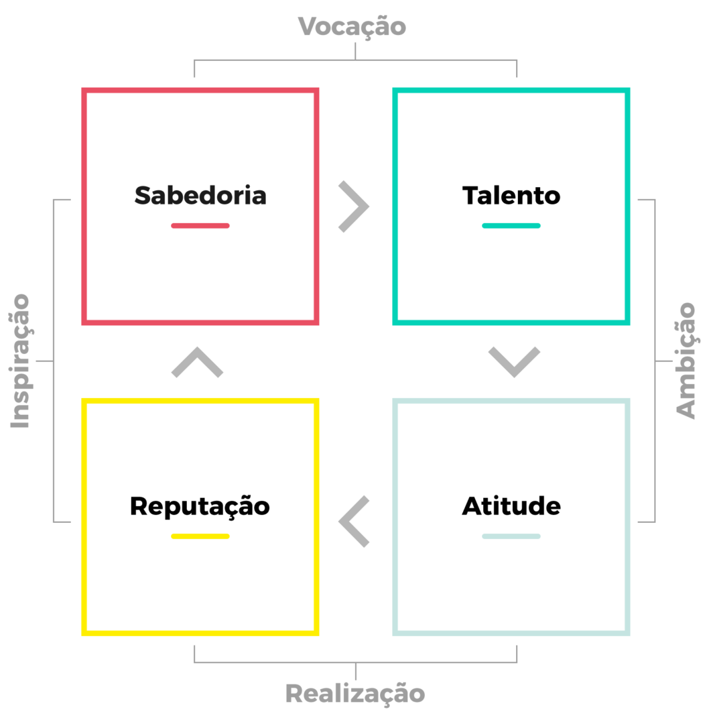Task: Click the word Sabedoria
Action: (x=200, y=195)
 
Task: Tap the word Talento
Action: (x=511, y=195)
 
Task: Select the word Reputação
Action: (x=200, y=507)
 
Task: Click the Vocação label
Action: (x=352, y=26)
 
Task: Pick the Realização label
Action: (x=355, y=694)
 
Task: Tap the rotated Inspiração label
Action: (x=20, y=361)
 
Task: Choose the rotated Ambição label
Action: (x=686, y=361)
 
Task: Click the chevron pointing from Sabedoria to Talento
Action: (x=354, y=206)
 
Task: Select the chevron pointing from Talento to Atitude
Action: (x=514, y=362)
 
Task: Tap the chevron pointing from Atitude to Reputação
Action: (x=354, y=522)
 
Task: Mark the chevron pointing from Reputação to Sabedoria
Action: (x=197, y=362)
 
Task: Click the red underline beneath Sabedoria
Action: (x=200, y=226)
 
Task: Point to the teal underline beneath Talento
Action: (x=511, y=226)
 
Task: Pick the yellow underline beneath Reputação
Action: (x=200, y=536)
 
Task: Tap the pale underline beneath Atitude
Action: (x=511, y=536)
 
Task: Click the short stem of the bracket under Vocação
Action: (x=355, y=51)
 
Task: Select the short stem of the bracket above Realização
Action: (x=356, y=671)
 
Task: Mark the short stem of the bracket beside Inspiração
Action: (x=45, y=361)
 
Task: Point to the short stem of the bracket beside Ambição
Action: (x=663, y=361)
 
